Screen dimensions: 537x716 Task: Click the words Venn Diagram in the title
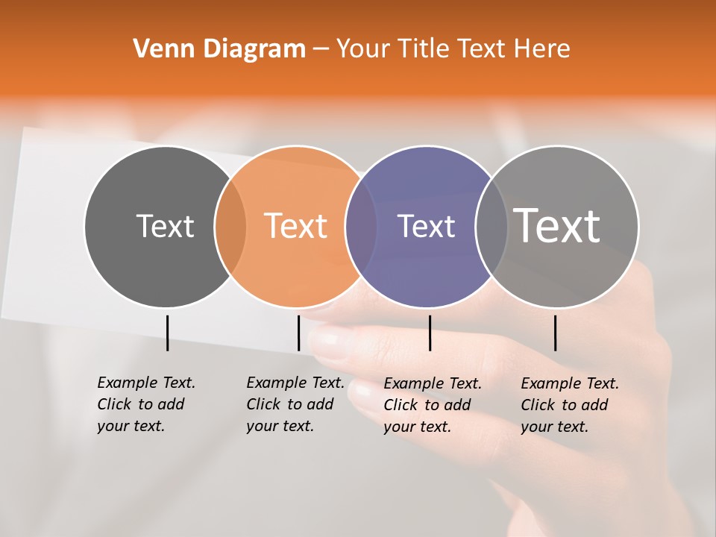219,49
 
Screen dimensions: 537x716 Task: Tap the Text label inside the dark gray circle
165,226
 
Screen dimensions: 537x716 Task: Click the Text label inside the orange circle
296,226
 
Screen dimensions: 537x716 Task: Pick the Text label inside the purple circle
426,226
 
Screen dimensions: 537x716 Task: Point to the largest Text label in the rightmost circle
557,225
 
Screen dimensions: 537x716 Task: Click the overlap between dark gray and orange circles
230,226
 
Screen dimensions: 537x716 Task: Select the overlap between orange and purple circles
361,226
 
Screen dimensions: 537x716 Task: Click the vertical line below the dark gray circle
167,333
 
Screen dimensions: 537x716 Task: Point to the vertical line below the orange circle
298,333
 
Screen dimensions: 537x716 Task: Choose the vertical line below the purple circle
430,333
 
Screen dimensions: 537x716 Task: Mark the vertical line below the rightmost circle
555,333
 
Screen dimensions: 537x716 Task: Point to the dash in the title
321,50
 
